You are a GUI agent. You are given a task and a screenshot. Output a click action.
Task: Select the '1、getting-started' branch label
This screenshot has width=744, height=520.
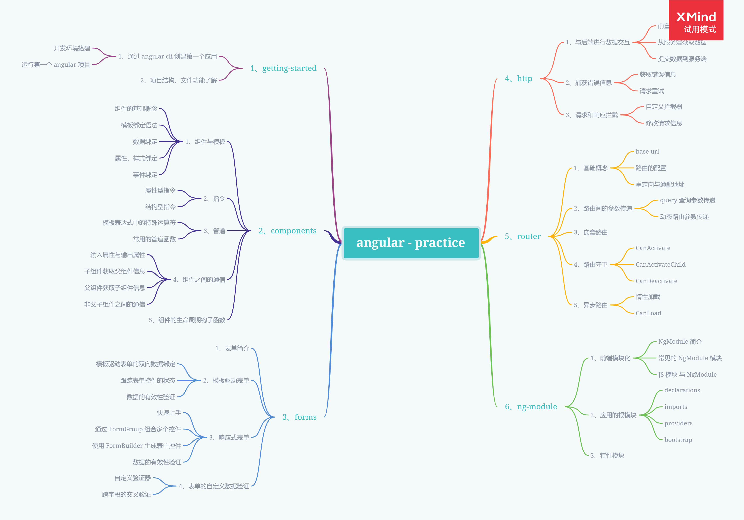click(283, 68)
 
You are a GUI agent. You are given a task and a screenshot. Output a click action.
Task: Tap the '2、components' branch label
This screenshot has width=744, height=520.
click(287, 231)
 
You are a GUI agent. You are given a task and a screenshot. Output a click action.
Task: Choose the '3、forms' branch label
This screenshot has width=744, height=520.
click(299, 417)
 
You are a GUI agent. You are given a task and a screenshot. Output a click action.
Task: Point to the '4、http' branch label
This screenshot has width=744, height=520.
click(519, 79)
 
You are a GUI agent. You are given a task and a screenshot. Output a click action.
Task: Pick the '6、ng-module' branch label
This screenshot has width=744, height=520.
click(531, 407)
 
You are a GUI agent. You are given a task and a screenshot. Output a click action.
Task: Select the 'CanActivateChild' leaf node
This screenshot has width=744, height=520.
click(660, 264)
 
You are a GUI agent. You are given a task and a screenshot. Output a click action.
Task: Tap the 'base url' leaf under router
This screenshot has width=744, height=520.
click(647, 152)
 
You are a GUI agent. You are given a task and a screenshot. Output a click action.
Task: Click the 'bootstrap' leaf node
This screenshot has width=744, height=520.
click(678, 440)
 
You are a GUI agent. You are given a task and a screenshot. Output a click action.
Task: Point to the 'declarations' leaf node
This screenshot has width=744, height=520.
click(682, 390)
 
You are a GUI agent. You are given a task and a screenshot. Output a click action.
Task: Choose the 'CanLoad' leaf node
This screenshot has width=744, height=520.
click(648, 313)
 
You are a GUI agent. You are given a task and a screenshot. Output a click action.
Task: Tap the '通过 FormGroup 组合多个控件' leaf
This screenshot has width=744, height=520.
click(138, 429)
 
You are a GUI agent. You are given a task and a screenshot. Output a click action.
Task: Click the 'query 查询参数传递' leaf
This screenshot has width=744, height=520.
click(688, 200)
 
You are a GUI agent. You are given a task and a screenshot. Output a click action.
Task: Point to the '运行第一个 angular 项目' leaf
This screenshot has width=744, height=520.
click(56, 65)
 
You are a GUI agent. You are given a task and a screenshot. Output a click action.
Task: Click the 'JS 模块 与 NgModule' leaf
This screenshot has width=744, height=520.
click(687, 375)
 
